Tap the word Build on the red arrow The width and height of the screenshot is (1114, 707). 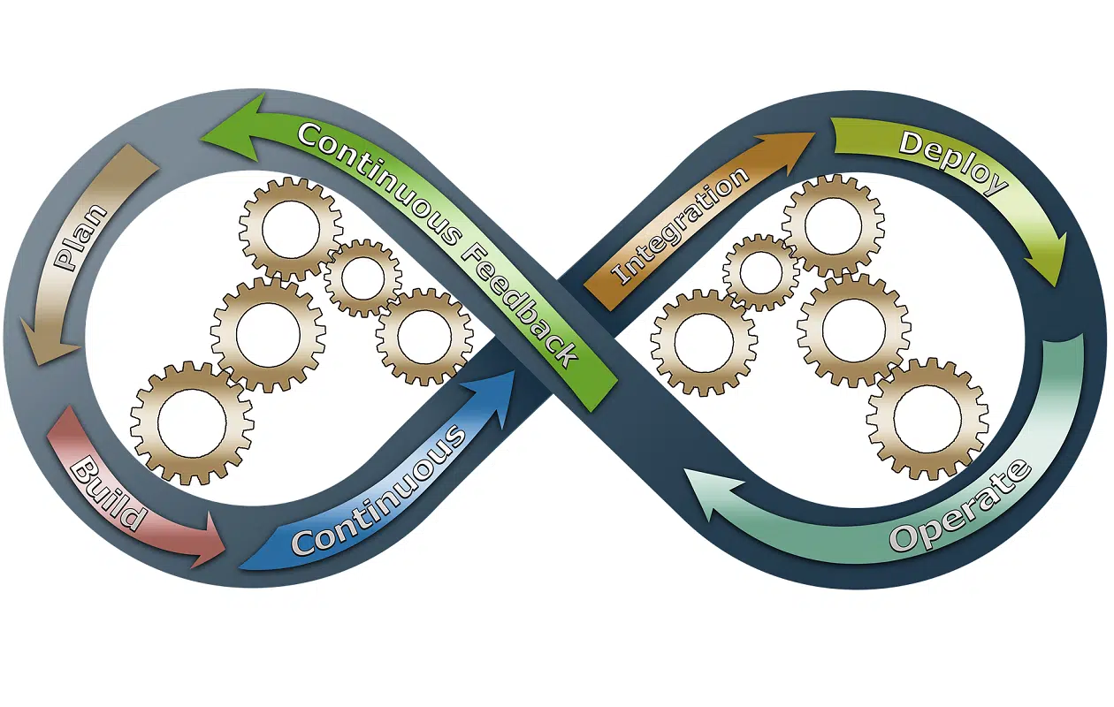tap(108, 495)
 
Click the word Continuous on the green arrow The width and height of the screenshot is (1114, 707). tap(379, 184)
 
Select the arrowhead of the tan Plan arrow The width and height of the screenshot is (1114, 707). tap(49, 342)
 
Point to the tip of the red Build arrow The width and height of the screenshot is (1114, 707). tap(225, 549)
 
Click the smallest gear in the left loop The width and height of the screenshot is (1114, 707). tap(363, 277)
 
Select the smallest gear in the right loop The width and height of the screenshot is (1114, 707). tap(760, 272)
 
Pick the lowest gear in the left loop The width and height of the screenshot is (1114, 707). tap(192, 423)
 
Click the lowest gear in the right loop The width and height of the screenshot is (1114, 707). tap(927, 419)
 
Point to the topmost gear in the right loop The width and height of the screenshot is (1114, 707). tap(833, 225)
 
